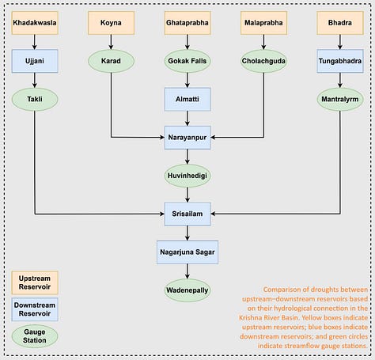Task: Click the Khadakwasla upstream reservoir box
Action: [35, 23]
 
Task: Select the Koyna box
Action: [111, 23]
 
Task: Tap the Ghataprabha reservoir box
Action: [187, 23]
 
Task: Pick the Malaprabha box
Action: [263, 23]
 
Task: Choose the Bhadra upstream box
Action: [340, 23]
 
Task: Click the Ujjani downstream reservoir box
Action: [35, 61]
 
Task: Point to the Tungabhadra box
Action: [340, 61]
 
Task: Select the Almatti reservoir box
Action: [187, 99]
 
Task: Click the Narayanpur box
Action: [187, 138]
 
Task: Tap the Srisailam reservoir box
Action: [187, 214]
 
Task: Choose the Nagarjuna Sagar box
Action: [187, 252]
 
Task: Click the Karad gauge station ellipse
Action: [111, 61]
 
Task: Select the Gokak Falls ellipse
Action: [187, 61]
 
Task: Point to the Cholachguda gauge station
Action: [263, 61]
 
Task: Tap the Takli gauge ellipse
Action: [35, 99]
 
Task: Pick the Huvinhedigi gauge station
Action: [187, 176]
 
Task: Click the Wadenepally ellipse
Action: [187, 290]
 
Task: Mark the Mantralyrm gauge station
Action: [340, 99]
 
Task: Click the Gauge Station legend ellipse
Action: [35, 336]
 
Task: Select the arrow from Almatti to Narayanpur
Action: [187, 118]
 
